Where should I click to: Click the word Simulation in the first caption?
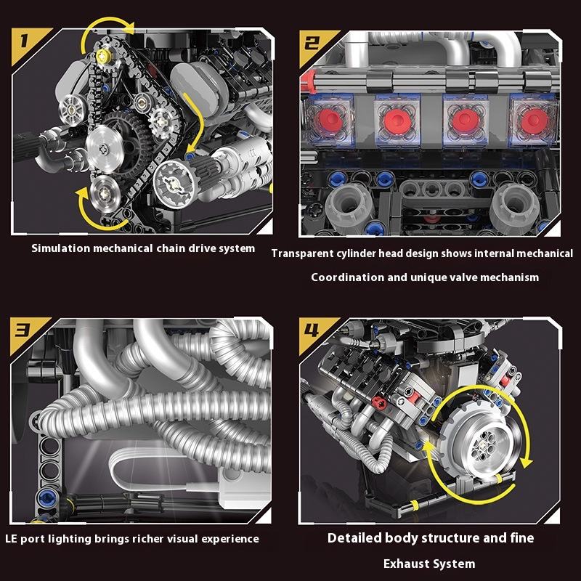60,248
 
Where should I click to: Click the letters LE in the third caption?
11,539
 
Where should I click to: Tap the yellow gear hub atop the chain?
103,56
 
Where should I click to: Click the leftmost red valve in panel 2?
329,120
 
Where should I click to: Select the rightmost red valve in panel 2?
534,121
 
